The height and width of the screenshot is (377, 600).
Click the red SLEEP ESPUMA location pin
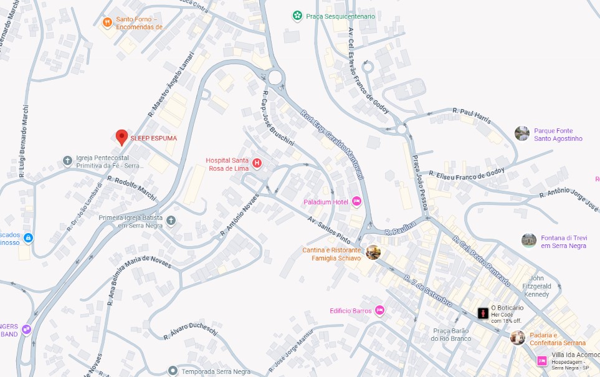coord(121,137)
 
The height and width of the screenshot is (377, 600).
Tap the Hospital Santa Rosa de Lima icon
coord(256,163)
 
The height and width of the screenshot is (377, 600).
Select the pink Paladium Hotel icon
coord(356,201)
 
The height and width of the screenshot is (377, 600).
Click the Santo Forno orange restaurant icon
coord(107,22)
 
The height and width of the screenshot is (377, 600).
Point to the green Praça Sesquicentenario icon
coord(298,16)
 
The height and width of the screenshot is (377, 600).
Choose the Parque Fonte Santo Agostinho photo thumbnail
coord(522,133)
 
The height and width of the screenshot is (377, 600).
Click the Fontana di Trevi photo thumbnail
coord(529,241)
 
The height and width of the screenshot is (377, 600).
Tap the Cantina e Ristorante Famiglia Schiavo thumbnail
coord(373,252)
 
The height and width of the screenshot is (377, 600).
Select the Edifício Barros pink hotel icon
coord(380,310)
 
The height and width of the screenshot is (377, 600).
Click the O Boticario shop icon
coord(483,313)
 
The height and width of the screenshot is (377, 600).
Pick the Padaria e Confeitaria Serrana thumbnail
coord(518,338)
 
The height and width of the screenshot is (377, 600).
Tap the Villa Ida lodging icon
coord(541,360)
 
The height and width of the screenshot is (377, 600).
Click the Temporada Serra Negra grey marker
coord(173,371)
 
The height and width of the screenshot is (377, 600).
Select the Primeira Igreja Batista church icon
coord(171,221)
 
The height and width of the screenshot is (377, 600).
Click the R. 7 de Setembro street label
coord(427,290)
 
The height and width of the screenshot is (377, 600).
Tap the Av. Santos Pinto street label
coord(329,229)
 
